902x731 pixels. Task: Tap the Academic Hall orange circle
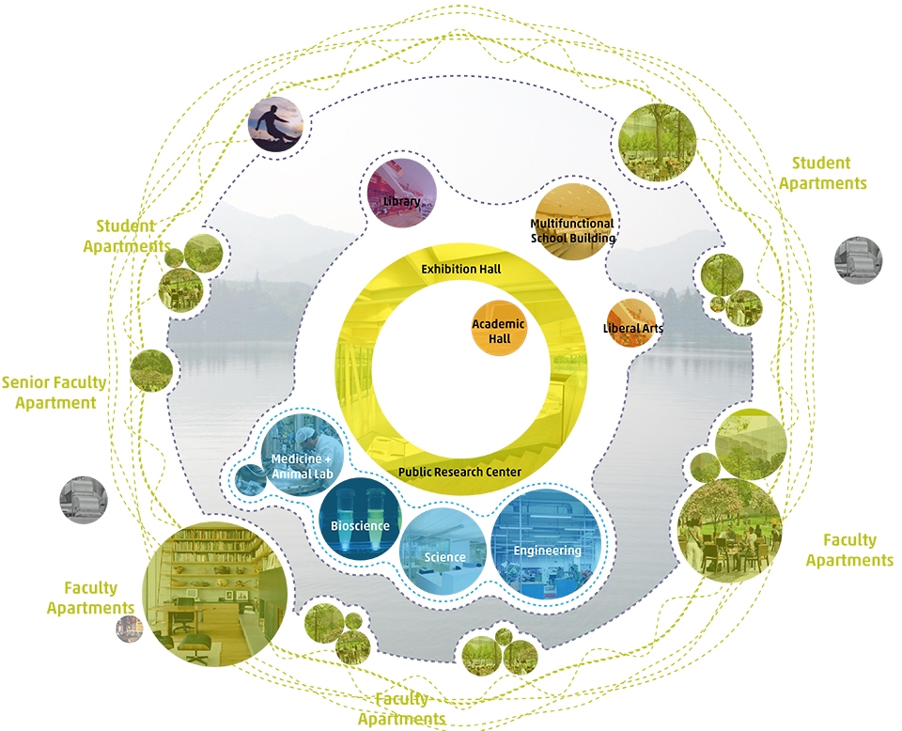499,329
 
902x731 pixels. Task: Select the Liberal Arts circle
631,323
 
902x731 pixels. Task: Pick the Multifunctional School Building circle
572,222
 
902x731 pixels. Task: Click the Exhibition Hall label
460,269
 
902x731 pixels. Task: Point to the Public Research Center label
459,473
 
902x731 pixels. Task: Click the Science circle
443,551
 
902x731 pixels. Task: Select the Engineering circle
547,545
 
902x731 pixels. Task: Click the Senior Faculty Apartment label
54,392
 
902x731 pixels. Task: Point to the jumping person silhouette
275,125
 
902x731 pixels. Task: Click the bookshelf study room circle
215,594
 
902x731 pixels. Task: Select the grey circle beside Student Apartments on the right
858,260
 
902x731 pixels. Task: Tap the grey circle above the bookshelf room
84,500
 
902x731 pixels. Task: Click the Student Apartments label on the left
127,236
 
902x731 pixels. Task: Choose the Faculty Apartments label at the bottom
401,709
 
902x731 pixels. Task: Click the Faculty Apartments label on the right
849,550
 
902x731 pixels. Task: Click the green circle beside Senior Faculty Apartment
151,370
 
